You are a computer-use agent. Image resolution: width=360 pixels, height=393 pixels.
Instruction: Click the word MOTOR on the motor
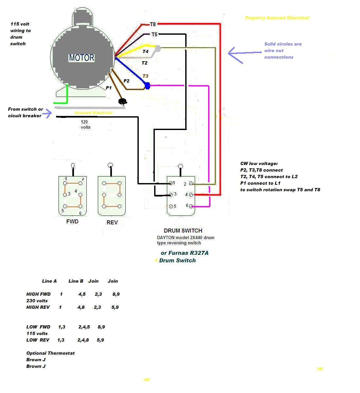coord(81,58)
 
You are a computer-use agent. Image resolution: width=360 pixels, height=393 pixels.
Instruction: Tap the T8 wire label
coord(153,25)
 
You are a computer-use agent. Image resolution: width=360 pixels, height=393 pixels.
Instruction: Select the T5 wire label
coord(154,34)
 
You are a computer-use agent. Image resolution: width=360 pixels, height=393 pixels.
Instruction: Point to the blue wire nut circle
coord(147,86)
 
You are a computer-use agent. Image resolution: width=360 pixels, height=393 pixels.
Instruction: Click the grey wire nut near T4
coord(158,48)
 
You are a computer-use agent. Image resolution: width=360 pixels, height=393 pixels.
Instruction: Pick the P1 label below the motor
coord(109,88)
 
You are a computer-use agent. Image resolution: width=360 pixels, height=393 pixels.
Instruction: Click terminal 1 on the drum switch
coord(171,183)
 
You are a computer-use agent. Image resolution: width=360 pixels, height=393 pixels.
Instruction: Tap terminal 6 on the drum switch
coord(191,206)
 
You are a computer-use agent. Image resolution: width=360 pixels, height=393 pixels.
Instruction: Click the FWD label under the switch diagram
coord(72,221)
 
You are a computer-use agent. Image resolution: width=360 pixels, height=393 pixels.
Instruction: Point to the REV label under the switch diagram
coord(112,222)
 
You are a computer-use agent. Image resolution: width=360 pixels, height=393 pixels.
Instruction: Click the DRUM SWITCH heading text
coord(183,231)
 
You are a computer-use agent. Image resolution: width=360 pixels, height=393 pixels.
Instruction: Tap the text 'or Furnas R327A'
coord(185,253)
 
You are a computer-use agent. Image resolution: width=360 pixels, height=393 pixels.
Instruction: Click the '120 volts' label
coord(85,124)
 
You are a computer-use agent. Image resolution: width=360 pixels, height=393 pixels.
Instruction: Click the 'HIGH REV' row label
coord(38,307)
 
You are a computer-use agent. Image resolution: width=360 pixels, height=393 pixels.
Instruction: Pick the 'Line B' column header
coord(76,281)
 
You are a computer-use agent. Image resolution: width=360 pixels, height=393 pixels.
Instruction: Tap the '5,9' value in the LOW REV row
coord(100,340)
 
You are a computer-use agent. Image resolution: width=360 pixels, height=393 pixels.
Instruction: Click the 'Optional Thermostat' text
coord(50,353)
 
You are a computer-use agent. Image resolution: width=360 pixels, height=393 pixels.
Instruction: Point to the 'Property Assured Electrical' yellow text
coord(277,18)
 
